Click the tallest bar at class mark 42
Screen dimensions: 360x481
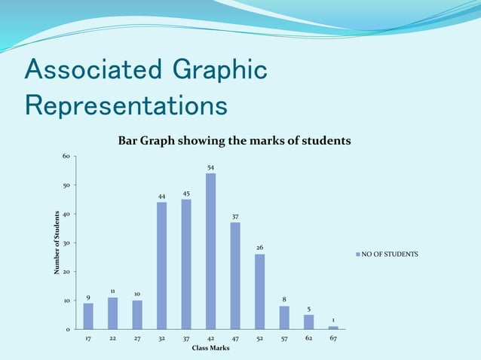coord(210,252)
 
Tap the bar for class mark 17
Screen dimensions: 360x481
coord(88,316)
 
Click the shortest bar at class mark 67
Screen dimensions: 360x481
coord(333,328)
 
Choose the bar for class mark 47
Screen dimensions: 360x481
coord(235,276)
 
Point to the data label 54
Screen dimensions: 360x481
coord(210,166)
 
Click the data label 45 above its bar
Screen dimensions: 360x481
coord(186,194)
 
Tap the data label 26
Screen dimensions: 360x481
coord(259,248)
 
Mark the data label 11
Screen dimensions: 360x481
coord(112,291)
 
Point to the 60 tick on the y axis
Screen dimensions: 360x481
coord(66,156)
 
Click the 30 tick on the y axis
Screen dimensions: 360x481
coord(66,243)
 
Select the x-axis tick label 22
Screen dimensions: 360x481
coord(112,339)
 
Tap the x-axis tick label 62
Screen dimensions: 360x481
coord(309,339)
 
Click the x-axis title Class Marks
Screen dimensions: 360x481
coord(210,348)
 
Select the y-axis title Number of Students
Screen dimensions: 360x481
coord(57,243)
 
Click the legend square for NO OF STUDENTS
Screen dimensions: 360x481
coord(358,255)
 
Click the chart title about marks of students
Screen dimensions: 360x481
coord(234,141)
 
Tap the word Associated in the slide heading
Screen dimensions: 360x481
coord(90,71)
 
